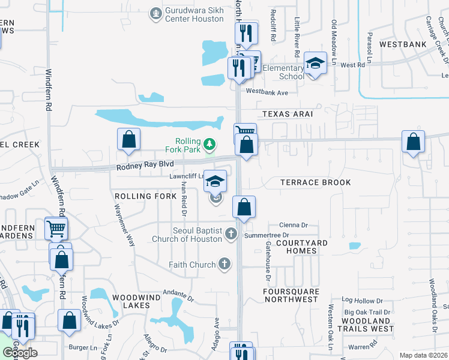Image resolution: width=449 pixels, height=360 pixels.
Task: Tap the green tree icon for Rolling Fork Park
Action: pyautogui.click(x=209, y=144)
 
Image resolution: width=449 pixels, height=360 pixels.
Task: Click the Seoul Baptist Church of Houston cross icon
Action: pyautogui.click(x=231, y=235)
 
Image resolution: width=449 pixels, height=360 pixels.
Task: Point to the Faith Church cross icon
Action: pyautogui.click(x=224, y=264)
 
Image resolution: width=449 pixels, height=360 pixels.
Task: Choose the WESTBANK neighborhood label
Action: pyautogui.click(x=403, y=44)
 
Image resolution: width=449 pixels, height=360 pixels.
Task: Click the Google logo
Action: pyautogui.click(x=19, y=352)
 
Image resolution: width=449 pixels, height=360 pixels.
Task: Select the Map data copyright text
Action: pyautogui.click(x=424, y=355)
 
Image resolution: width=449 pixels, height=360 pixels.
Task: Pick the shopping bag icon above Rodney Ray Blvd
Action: pyautogui.click(x=128, y=140)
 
